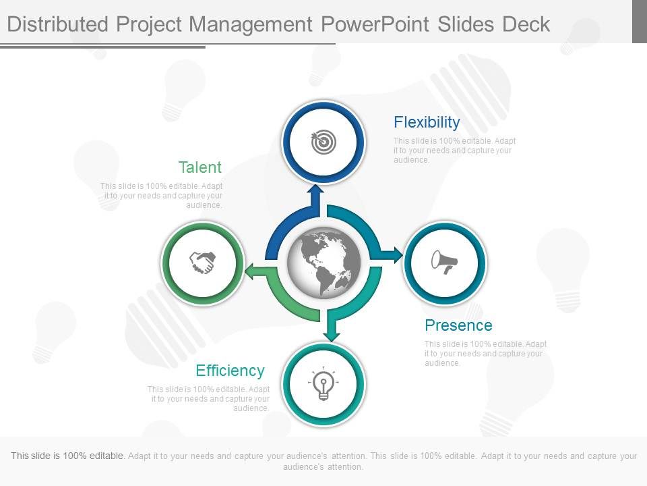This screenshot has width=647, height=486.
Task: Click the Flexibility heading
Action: click(x=427, y=122)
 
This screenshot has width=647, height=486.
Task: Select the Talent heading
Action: click(x=199, y=167)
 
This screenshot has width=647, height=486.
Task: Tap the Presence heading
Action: click(x=458, y=325)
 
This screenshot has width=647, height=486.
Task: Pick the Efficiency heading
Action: click(x=230, y=371)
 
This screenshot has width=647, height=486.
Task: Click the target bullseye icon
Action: click(x=323, y=142)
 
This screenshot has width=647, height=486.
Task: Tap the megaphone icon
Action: click(x=445, y=262)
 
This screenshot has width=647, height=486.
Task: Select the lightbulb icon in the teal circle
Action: click(x=323, y=385)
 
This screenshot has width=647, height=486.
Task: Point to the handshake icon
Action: click(x=202, y=263)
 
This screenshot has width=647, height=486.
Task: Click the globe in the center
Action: click(x=323, y=262)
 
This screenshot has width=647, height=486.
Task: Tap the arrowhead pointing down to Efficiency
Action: click(x=331, y=333)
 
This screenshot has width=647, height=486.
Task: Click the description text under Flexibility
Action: click(x=454, y=151)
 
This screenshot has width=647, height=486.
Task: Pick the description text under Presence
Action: click(x=485, y=353)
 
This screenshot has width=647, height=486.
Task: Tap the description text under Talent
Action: click(x=162, y=196)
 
